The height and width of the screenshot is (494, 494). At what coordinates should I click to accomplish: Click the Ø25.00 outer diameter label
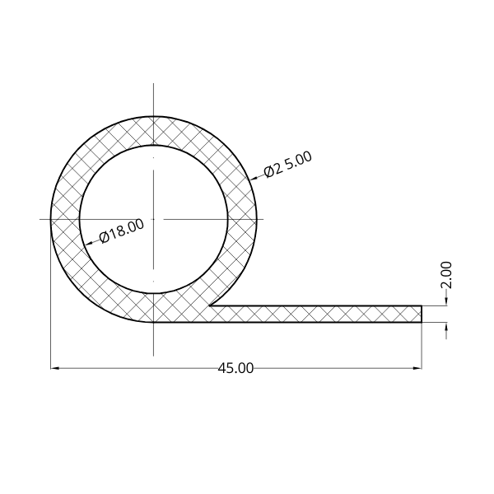[288, 165]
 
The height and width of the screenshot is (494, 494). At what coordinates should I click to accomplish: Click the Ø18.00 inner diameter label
[122, 231]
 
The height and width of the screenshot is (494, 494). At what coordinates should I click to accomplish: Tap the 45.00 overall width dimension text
[235, 368]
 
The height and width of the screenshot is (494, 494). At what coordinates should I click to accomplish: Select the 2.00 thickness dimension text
[446, 275]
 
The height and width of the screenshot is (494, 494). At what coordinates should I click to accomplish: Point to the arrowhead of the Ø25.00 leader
[254, 179]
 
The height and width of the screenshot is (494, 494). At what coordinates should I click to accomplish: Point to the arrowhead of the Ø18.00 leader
[89, 243]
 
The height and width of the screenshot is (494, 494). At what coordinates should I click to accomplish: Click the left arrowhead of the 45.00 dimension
[55, 368]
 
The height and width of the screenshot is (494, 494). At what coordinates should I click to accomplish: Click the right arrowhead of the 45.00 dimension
[417, 368]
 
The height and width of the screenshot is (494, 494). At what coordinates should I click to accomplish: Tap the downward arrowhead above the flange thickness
[446, 301]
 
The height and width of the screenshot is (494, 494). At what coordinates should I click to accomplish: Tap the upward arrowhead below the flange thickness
[446, 326]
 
